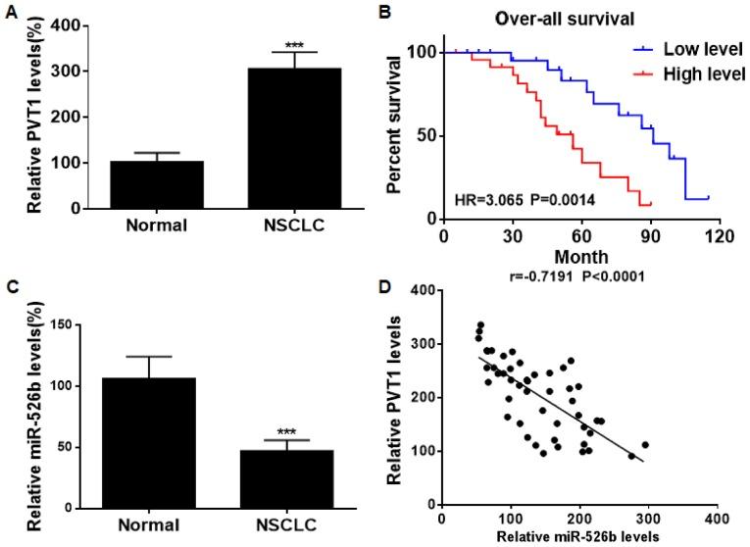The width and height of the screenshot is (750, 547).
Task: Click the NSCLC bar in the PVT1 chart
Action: (300, 138)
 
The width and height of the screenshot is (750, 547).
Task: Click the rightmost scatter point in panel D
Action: (645, 445)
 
